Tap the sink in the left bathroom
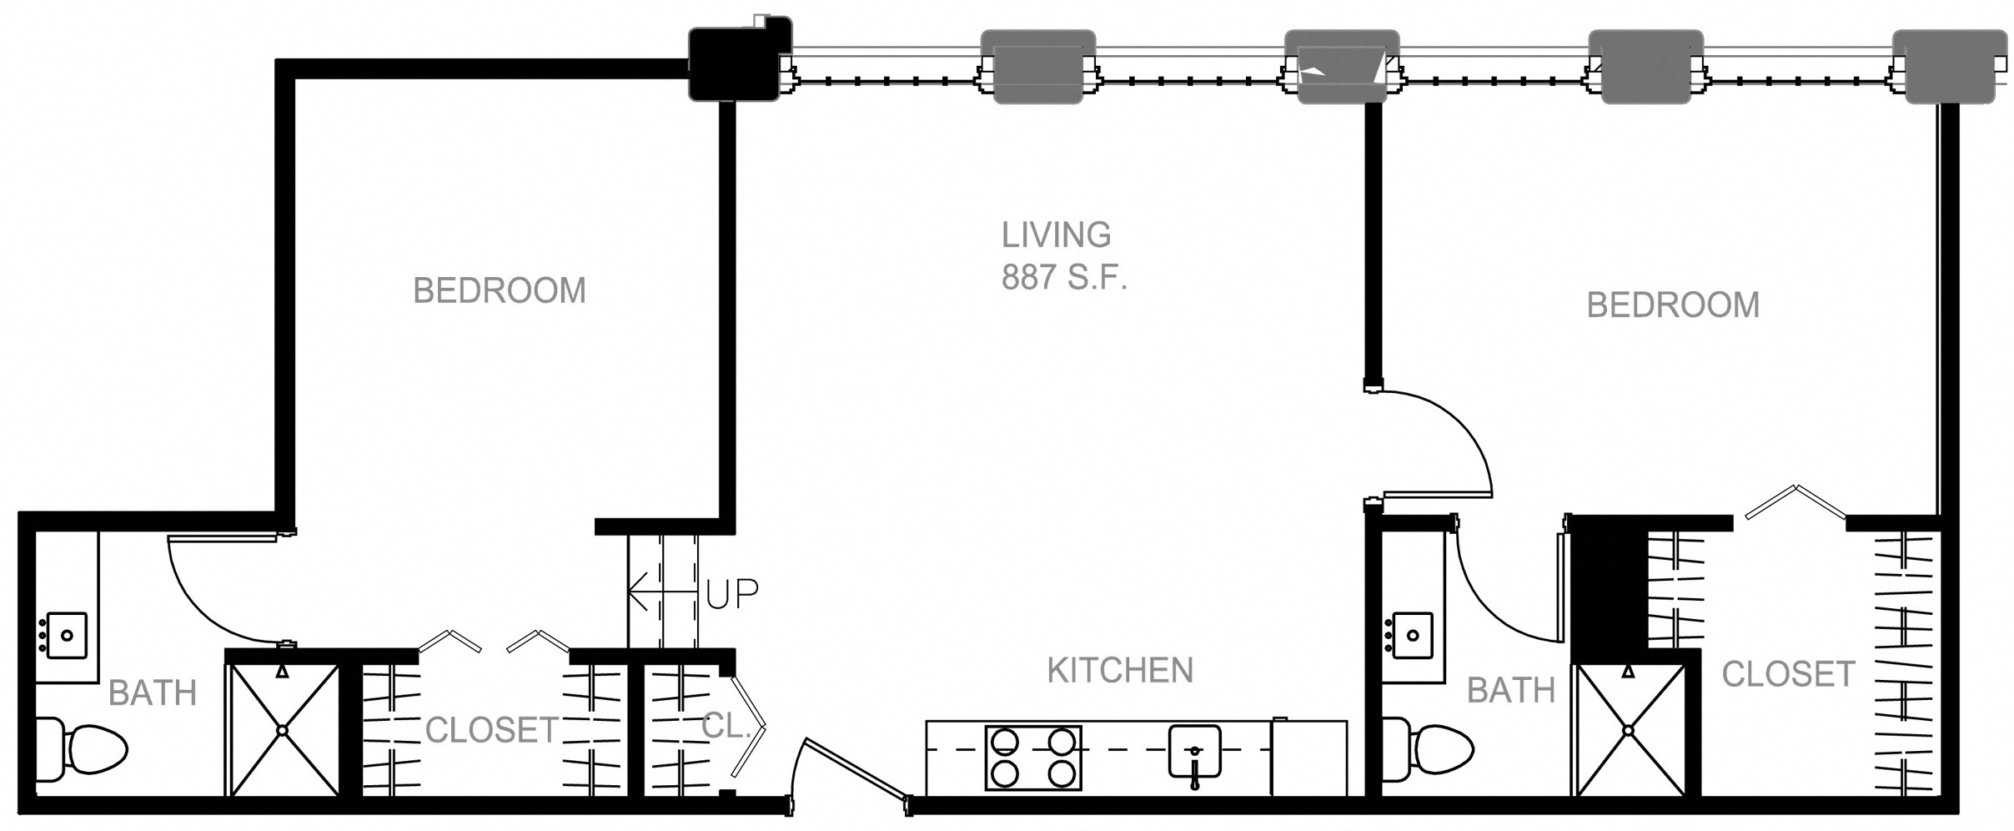click(x=67, y=636)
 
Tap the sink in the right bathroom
click(x=1413, y=636)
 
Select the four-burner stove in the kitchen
click(x=1033, y=757)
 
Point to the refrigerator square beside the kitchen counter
click(x=1308, y=757)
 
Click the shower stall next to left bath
click(x=283, y=729)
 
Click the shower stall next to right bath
click(x=1629, y=729)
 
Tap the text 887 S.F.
click(x=1064, y=279)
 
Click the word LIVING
click(x=1056, y=235)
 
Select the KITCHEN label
click(x=1120, y=671)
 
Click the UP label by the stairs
click(x=732, y=593)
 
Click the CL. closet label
click(x=722, y=728)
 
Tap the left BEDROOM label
click(x=500, y=291)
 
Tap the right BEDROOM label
click(x=1672, y=305)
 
